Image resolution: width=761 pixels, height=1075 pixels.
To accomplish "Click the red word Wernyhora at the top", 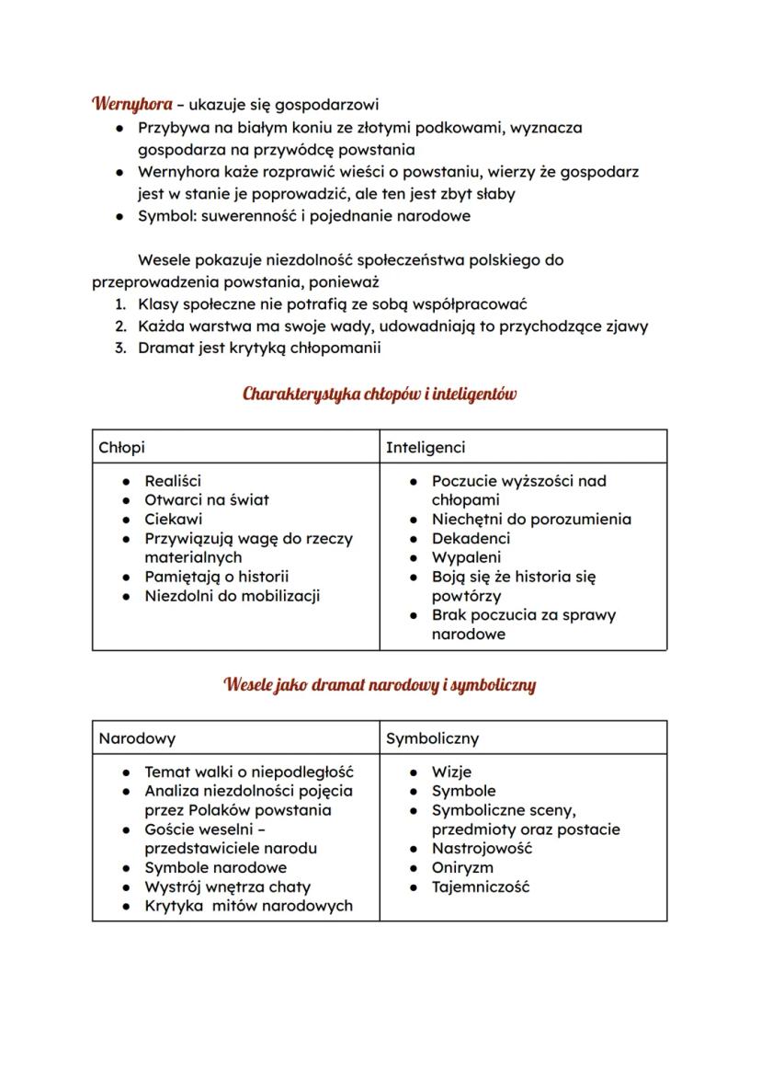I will (x=131, y=104).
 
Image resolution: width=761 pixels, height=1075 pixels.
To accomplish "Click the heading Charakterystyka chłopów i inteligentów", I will (x=380, y=395).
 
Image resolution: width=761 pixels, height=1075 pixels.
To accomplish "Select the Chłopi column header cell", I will (x=122, y=447).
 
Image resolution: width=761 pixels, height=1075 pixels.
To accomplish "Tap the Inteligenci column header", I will (x=426, y=447).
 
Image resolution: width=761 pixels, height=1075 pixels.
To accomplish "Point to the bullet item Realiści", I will (x=173, y=480).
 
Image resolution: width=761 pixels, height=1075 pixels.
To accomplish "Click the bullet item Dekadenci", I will (x=471, y=538).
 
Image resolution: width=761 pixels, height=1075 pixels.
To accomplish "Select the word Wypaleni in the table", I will (x=466, y=557).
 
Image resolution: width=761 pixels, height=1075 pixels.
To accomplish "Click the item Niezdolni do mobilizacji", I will (x=233, y=596).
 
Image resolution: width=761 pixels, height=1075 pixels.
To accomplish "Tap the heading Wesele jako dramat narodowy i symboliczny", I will (x=380, y=685).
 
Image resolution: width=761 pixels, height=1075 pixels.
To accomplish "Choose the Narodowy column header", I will (x=137, y=738).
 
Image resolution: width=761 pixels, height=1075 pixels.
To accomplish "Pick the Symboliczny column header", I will (x=432, y=738).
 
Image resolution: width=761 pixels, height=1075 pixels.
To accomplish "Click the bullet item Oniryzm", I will (x=462, y=867).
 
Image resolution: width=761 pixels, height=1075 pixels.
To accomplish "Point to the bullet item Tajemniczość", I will (x=481, y=886).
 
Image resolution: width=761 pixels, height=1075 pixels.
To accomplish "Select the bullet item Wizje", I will (x=451, y=772).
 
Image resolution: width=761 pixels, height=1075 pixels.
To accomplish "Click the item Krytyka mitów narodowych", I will (x=248, y=906).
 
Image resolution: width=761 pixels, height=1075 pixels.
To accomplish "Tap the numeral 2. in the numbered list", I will (x=120, y=326).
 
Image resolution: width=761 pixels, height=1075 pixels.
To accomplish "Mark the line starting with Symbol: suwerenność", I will (x=303, y=216).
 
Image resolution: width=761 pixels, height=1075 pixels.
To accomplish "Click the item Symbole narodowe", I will (x=215, y=867).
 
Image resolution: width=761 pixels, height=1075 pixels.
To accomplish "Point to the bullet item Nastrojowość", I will (x=482, y=848).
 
